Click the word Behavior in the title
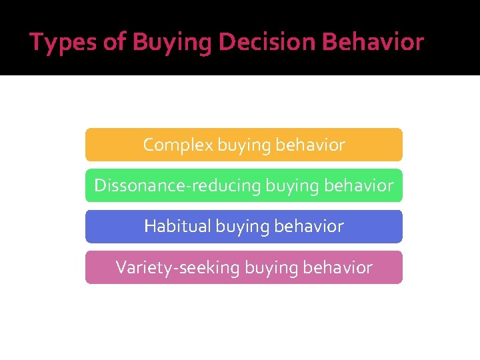[373, 43]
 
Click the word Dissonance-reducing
[177, 185]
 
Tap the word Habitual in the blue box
[177, 227]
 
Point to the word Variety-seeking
[178, 268]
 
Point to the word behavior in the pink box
[337, 268]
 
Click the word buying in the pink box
[272, 269]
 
